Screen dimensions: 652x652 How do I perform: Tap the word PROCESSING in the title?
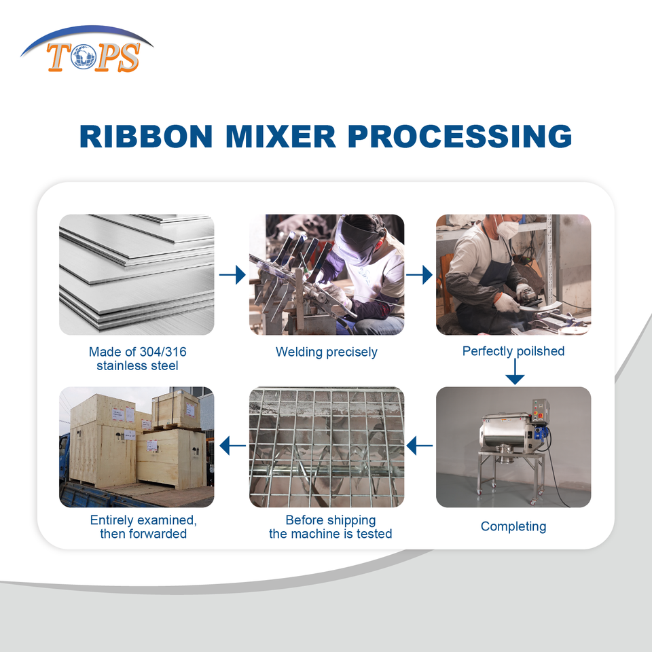click(x=460, y=136)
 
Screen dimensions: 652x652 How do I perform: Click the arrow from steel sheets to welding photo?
click(x=232, y=274)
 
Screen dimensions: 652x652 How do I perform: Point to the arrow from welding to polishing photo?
click(x=419, y=274)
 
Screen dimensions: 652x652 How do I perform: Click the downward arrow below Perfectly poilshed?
click(x=514, y=371)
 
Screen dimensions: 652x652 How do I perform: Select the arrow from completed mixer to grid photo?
click(x=420, y=446)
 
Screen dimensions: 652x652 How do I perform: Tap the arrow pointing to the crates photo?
click(x=232, y=446)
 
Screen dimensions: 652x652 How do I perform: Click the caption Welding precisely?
click(x=326, y=352)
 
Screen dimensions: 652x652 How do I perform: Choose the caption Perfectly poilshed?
click(x=513, y=351)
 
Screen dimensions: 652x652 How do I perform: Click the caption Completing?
click(x=513, y=526)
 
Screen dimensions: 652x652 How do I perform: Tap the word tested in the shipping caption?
click(x=374, y=534)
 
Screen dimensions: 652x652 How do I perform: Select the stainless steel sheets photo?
click(x=137, y=274)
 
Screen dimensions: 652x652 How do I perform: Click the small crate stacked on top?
click(x=176, y=410)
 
